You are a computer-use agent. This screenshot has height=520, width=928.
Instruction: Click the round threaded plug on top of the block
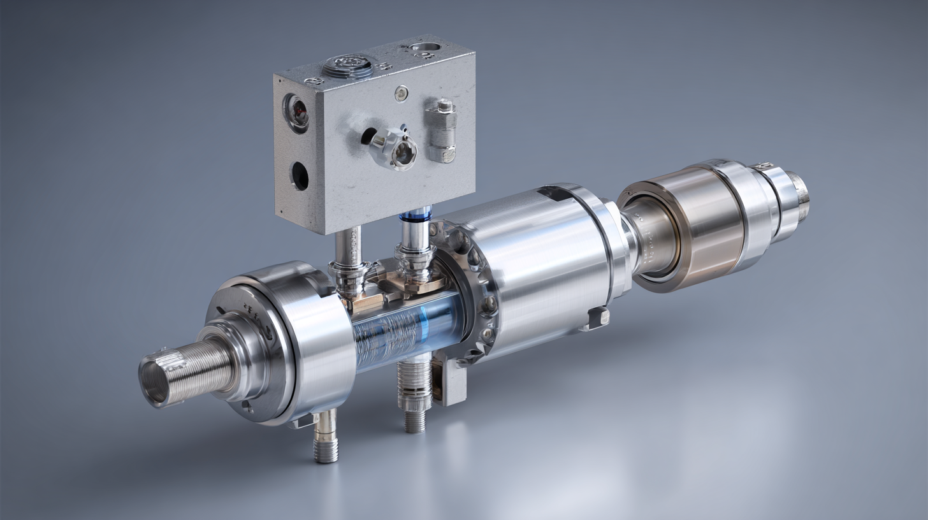point(347,66)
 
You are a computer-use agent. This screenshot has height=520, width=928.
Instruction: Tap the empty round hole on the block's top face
point(424,47)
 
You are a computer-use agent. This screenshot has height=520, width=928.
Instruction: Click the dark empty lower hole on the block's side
point(300,176)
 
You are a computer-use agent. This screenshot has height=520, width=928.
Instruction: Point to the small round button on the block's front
point(400,94)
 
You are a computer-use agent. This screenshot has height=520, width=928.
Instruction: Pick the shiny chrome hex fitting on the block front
point(395,148)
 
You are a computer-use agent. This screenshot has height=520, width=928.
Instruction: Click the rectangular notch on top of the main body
point(550,193)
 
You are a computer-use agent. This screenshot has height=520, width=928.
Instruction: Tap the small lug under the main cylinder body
point(596,317)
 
